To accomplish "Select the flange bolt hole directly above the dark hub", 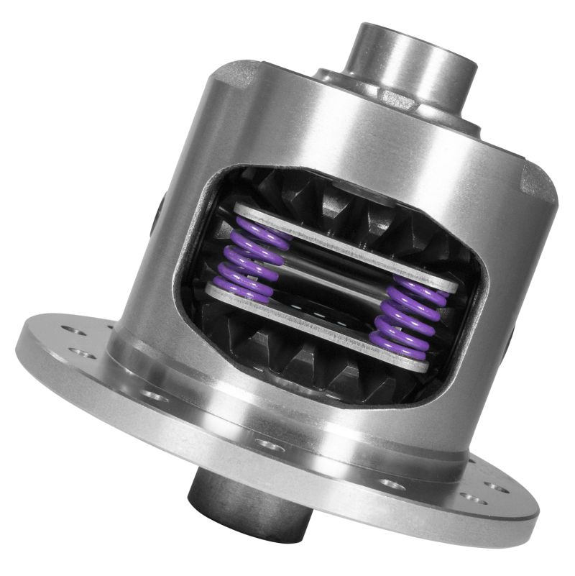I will pyautogui.click(x=270, y=445).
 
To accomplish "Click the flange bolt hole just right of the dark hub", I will pyautogui.click(x=388, y=483).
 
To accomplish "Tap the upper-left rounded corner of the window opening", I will pyautogui.click(x=216, y=180).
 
